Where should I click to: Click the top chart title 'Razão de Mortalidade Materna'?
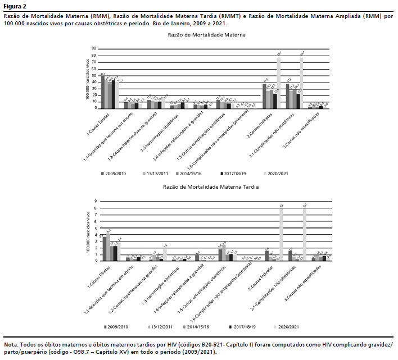point(206,35)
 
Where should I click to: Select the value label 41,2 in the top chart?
point(120,80)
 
